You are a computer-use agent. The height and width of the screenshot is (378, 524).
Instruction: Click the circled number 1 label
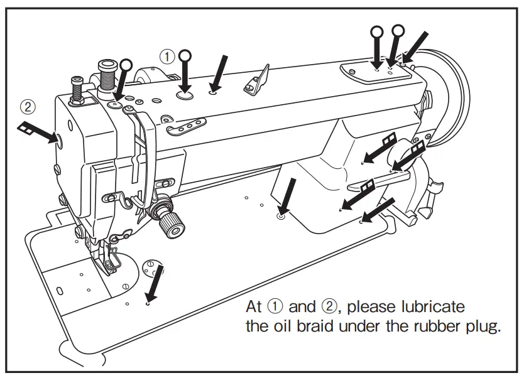point(166,56)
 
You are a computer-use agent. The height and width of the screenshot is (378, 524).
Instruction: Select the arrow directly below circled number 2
point(38,131)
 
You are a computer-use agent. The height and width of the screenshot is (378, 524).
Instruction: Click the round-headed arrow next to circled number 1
point(185,73)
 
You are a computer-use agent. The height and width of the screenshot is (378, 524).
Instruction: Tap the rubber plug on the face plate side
point(60,139)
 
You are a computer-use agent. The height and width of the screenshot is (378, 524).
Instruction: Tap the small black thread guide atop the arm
point(257,80)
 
